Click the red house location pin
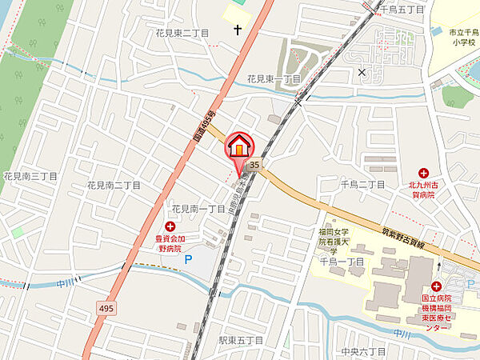pyautogui.click(x=239, y=147)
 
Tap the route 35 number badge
pyautogui.click(x=254, y=165)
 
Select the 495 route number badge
pyautogui.click(x=106, y=306)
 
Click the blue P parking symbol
pyautogui.click(x=189, y=259)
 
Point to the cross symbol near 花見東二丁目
pyautogui.click(x=238, y=30)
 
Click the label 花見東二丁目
pyautogui.click(x=182, y=34)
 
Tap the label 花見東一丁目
pyautogui.click(x=274, y=79)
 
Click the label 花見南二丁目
pyautogui.click(x=114, y=186)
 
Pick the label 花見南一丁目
pyautogui.click(x=198, y=209)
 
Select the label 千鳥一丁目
pyautogui.click(x=342, y=261)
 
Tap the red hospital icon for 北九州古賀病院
pyautogui.click(x=423, y=172)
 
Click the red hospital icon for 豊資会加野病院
pyautogui.click(x=170, y=227)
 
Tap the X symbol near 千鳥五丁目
pyautogui.click(x=362, y=73)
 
